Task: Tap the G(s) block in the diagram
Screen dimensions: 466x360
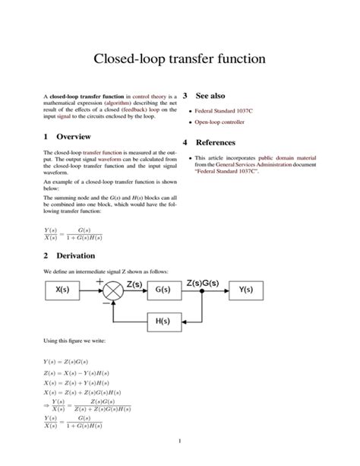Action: (x=162, y=289)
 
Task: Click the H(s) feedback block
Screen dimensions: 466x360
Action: (x=162, y=320)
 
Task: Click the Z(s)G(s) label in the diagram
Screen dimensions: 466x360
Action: (x=202, y=283)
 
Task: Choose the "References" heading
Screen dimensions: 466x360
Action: (x=216, y=143)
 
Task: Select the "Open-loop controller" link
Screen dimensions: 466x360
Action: (x=229, y=122)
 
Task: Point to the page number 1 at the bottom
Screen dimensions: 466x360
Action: (x=179, y=441)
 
